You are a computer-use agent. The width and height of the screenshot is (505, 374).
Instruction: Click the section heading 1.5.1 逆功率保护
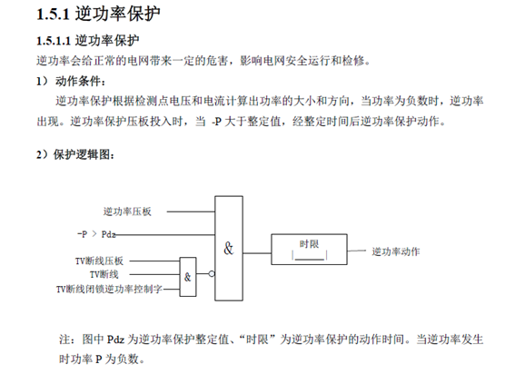98,14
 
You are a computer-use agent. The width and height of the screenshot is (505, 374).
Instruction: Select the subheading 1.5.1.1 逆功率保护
87,41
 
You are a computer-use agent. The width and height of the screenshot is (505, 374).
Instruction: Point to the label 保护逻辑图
82,155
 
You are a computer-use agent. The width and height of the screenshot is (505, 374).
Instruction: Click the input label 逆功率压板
127,212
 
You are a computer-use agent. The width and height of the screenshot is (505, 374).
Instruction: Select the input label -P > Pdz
96,234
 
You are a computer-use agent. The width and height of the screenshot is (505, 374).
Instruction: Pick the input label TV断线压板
99,261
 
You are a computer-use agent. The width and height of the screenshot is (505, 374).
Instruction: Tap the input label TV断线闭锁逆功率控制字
109,289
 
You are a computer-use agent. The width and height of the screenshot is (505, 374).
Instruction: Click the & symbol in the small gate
187,277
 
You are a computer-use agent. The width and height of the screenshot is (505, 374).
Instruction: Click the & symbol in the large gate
228,249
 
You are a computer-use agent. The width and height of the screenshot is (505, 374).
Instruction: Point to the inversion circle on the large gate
212,274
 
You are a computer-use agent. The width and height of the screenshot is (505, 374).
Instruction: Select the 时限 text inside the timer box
309,244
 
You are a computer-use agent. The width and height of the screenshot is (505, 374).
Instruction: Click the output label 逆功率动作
396,251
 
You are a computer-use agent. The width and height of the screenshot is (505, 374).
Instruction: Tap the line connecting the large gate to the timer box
257,253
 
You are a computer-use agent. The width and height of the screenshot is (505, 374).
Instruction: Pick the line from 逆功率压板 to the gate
191,212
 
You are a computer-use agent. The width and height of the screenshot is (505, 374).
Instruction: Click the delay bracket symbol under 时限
309,255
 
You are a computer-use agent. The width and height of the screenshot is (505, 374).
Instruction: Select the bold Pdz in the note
115,340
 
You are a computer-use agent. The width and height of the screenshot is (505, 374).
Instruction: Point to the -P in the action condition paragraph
216,122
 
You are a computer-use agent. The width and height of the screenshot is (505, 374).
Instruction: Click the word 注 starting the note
64,340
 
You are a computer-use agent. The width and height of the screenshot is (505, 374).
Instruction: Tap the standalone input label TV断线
104,274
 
